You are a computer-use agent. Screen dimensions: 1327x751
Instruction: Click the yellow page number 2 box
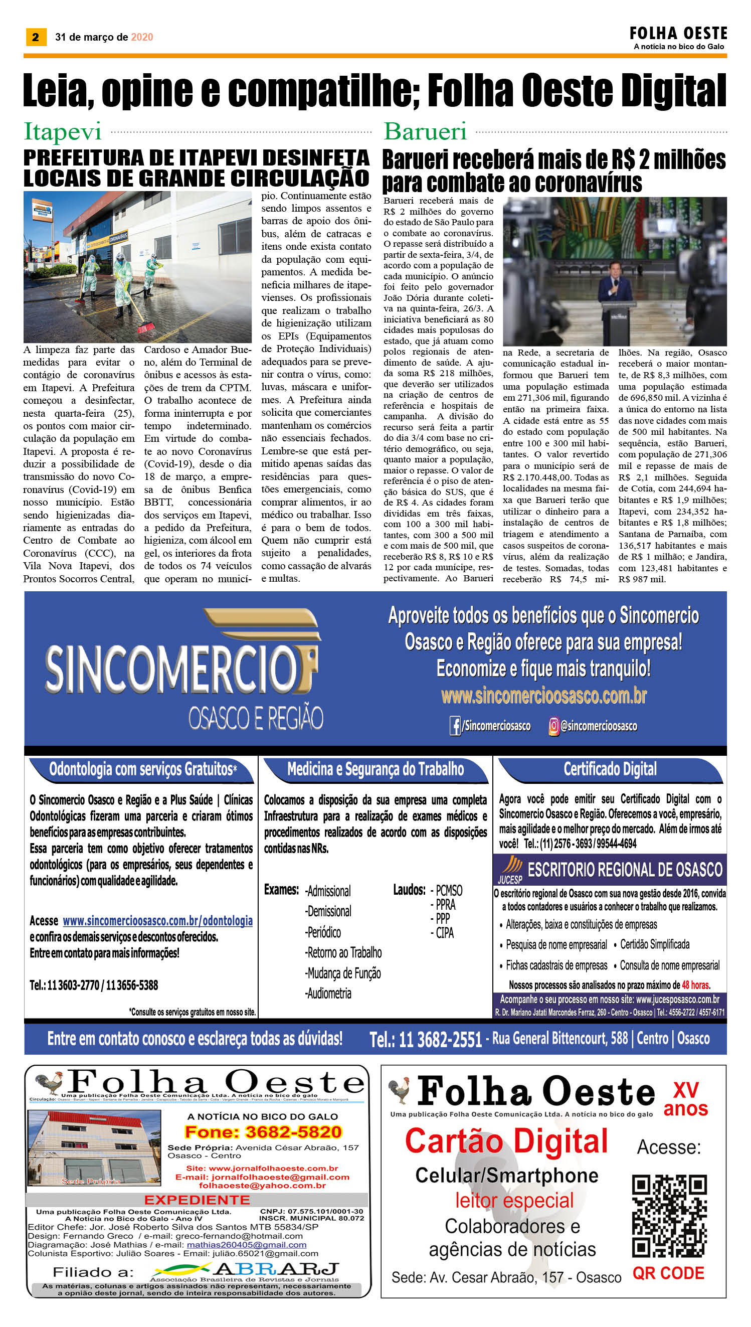coord(36,37)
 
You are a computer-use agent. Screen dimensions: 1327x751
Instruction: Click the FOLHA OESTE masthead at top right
coord(678,34)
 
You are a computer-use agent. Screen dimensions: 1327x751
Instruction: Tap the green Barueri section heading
coord(425,132)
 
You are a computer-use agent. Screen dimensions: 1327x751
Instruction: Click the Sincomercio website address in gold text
coord(543,696)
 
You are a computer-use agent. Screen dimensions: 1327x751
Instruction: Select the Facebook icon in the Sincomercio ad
coord(455,726)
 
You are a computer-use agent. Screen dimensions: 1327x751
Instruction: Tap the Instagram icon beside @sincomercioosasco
coord(553,726)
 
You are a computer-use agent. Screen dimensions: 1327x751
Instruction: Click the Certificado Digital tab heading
coord(610,769)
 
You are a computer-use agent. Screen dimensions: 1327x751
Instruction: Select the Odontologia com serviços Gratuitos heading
coord(142,769)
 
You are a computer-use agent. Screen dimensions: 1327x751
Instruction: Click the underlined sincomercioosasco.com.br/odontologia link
coord(157,920)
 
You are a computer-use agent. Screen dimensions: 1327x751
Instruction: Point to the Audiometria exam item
coord(328,993)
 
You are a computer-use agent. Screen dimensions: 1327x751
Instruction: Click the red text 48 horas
coord(695,985)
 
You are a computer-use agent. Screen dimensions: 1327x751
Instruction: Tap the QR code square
coord(669,1216)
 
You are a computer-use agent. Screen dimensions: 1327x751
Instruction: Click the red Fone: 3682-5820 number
coord(263,1132)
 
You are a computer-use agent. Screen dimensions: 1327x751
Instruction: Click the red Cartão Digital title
coord(506,1141)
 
